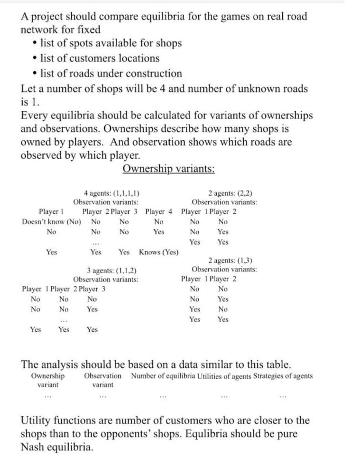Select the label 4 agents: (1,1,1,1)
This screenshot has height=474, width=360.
click(111, 193)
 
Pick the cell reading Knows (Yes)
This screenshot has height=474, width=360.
click(159, 252)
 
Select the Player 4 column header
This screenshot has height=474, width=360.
click(159, 211)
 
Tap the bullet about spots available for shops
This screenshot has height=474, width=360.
click(111, 43)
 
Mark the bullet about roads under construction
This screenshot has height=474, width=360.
click(111, 73)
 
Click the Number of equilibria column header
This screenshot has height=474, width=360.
click(160, 376)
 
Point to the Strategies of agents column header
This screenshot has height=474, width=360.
click(283, 376)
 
